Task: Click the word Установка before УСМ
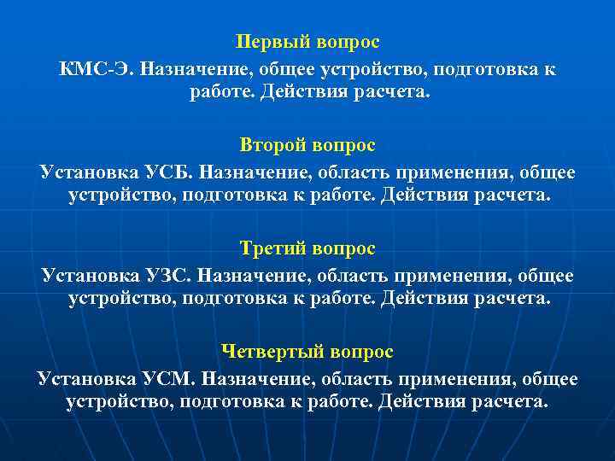tap(79, 377)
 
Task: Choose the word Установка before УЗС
tap(81, 275)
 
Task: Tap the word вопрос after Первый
tap(346, 41)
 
